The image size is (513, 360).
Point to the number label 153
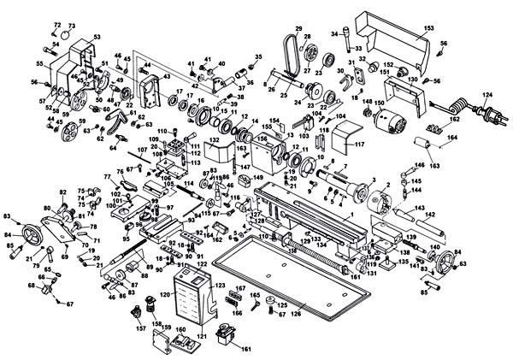pyautogui.click(x=417, y=28)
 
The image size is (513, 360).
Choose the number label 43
pyautogui.click(x=166, y=74)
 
